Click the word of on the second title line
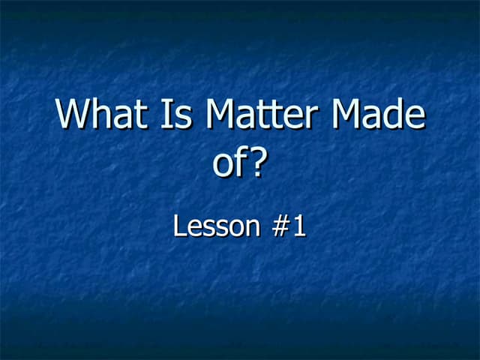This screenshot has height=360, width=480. pos(229,163)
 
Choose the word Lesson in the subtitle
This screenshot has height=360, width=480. pos(213,226)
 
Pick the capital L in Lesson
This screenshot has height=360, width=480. pos(178,226)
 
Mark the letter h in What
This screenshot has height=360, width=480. pos(101,115)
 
